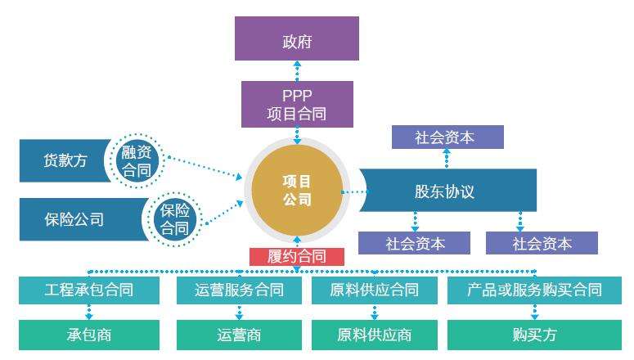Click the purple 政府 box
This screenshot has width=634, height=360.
(297, 38)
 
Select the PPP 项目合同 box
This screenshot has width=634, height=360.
(297, 105)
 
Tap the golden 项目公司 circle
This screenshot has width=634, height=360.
(297, 190)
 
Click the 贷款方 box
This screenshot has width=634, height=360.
(65, 160)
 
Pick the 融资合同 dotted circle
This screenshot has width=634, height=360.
(137, 160)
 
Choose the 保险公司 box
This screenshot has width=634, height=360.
(83, 219)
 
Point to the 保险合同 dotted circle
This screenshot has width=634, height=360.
(174, 219)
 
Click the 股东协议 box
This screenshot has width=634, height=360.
(448, 190)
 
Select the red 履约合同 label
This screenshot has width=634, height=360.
(297, 256)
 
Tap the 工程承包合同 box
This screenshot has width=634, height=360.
(89, 290)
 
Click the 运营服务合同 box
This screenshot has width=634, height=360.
(239, 290)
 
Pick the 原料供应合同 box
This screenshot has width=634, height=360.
(375, 290)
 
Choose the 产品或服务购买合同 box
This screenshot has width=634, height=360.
(534, 290)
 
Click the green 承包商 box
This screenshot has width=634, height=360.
(89, 335)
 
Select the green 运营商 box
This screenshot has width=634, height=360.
(239, 335)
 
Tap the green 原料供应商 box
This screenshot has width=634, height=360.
(375, 335)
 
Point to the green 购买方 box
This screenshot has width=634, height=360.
(534, 335)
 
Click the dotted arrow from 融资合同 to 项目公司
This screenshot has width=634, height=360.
(205, 167)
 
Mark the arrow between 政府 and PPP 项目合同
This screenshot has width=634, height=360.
(297, 71)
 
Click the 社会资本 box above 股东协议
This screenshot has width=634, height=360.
(447, 137)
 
